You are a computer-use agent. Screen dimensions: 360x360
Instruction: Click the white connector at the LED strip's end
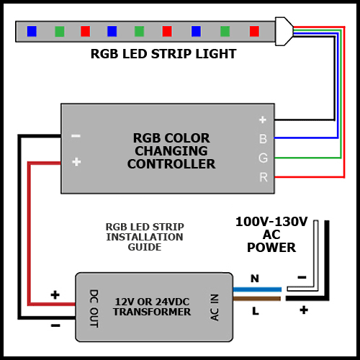click(x=284, y=31)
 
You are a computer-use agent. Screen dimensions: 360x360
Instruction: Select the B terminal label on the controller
click(x=263, y=139)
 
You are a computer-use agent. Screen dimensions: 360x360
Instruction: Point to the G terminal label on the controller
click(x=263, y=158)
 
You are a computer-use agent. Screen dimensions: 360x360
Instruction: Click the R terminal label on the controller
click(x=264, y=177)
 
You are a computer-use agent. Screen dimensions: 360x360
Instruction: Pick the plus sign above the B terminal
click(x=263, y=120)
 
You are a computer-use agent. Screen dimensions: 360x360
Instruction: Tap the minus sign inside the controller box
click(x=76, y=136)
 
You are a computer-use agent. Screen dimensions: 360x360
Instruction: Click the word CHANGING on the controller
click(x=171, y=151)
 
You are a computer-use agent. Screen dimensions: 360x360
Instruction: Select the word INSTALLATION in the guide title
click(x=145, y=237)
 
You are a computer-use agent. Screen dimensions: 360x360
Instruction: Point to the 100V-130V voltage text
click(x=271, y=222)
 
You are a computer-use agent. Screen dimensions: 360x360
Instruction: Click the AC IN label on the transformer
click(x=215, y=307)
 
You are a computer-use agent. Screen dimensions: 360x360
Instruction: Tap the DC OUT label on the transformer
click(x=94, y=308)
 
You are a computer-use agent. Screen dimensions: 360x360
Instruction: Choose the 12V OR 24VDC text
click(x=152, y=302)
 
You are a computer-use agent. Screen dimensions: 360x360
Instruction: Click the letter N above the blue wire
click(x=255, y=279)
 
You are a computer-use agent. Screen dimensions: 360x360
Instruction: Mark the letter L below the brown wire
click(x=256, y=311)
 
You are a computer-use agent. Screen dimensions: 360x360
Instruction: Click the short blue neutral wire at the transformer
click(x=257, y=289)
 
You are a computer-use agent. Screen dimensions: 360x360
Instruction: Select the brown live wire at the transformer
click(x=257, y=299)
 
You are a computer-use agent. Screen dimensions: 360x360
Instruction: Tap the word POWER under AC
click(x=271, y=248)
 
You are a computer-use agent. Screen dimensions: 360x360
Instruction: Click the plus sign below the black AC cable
click(x=304, y=310)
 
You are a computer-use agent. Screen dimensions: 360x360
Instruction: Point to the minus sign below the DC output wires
click(x=55, y=325)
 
